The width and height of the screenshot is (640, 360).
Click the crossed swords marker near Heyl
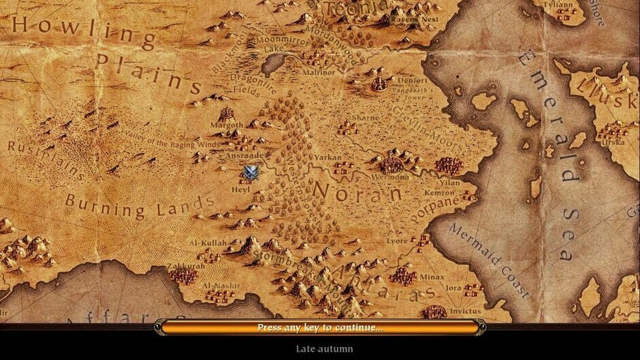tap(251, 172)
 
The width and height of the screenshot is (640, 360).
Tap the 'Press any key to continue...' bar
tap(320, 327)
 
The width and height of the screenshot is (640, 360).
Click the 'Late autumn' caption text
tap(324, 349)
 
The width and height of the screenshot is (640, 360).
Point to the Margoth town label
tap(227, 125)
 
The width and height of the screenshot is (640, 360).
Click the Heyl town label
tap(241, 190)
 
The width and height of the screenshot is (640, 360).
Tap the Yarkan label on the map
tap(329, 158)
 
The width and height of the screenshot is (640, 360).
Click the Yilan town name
tap(449, 182)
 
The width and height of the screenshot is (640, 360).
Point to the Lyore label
tap(397, 241)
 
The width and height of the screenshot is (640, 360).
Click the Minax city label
tap(432, 277)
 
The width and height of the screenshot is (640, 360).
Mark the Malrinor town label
tap(319, 71)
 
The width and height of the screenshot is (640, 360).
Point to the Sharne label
tap(366, 117)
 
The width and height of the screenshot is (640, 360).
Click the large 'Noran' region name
tap(357, 191)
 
